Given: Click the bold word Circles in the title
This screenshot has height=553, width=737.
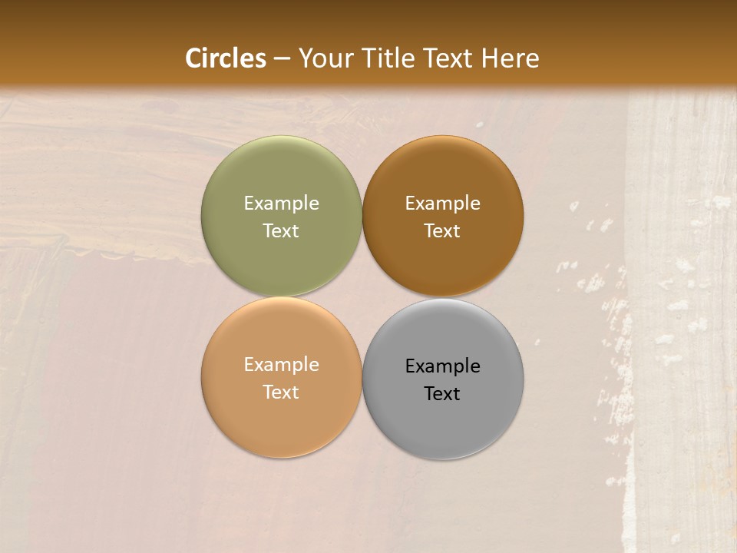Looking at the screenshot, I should tap(226, 58).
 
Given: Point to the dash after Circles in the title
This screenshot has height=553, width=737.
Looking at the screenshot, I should tap(282, 59).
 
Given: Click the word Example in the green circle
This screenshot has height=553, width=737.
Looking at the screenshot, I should tap(281, 204).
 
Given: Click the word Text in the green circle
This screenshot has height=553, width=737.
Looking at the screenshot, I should tap(281, 231).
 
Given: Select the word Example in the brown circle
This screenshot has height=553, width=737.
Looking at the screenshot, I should tap(442, 204).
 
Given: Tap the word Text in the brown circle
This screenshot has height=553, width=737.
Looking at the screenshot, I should tap(442, 231).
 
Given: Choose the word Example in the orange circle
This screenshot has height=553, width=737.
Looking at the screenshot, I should tap(281, 365).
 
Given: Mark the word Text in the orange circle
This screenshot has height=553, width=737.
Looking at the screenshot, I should tap(281, 392).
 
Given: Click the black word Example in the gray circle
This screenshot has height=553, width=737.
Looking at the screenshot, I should tap(442, 366).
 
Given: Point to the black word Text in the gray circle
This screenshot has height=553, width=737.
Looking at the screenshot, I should tap(442, 394).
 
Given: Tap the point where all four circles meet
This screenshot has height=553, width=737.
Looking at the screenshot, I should tap(362, 297).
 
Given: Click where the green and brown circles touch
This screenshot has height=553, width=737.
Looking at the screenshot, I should tap(362, 216).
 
